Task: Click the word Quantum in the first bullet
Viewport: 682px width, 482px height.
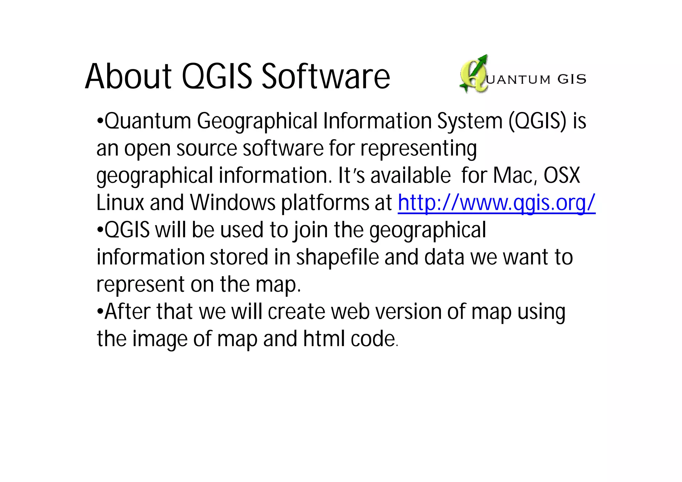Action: pos(148,121)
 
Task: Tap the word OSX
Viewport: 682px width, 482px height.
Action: pos(562,175)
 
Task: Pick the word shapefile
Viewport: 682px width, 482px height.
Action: pos(337,257)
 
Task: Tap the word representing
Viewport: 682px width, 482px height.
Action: pos(419,149)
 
